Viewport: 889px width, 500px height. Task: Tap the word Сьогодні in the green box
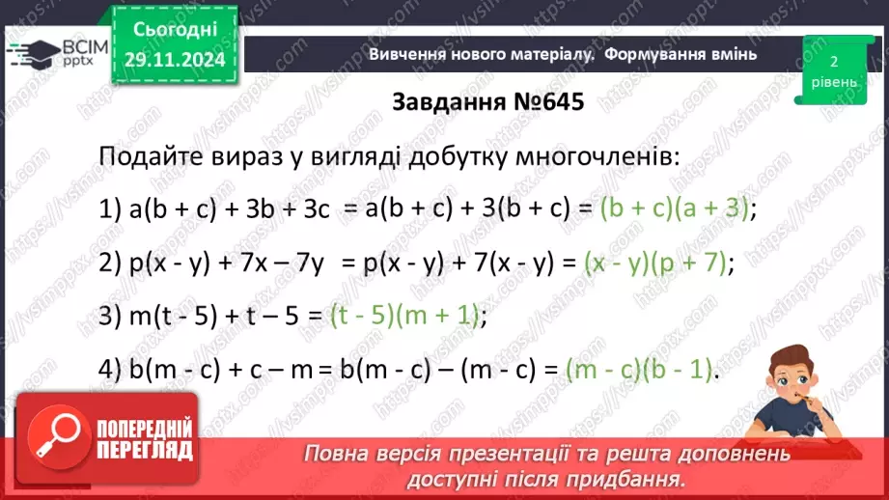[174, 31]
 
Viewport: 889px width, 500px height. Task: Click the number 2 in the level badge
[832, 61]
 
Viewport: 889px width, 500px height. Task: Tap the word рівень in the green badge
[832, 82]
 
